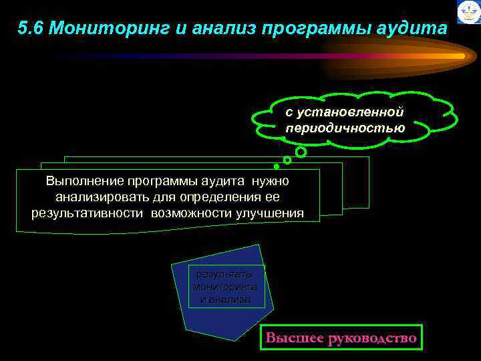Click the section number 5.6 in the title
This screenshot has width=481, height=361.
(x=31, y=29)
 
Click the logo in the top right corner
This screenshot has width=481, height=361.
(x=468, y=11)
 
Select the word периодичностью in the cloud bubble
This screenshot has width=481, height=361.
(x=345, y=128)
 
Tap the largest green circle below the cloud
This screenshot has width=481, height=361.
(x=301, y=152)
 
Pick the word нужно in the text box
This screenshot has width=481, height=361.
(x=272, y=181)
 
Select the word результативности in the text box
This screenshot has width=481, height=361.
(x=87, y=213)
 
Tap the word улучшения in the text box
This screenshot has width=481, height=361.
(x=269, y=213)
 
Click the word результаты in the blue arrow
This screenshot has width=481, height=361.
(x=224, y=274)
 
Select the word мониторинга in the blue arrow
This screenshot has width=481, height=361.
(x=224, y=287)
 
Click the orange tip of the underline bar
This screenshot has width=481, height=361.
(x=460, y=56)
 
